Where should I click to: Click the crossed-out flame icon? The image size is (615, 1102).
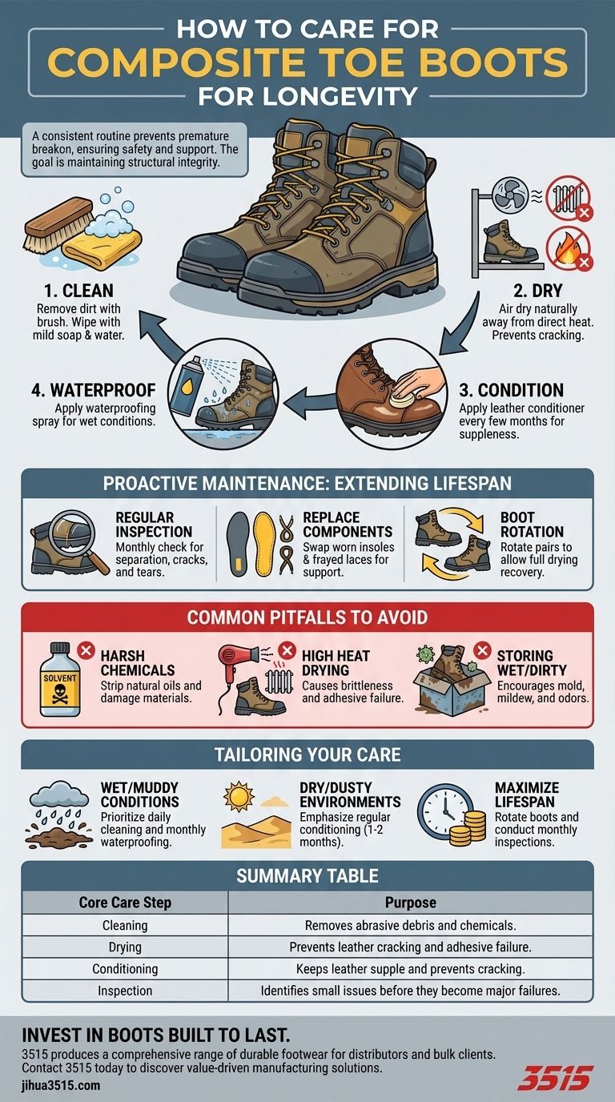point(569,248)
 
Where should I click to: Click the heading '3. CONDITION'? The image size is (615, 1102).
point(511,390)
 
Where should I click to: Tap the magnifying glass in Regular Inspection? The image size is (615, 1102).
point(78,537)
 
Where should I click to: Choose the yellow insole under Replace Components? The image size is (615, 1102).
point(266,543)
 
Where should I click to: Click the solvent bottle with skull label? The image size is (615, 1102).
point(59,679)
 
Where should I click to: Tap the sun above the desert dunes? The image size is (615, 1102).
point(239,796)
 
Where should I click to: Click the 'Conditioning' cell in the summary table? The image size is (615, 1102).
point(125,969)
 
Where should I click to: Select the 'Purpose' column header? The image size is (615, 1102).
point(410,903)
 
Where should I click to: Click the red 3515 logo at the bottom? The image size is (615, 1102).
point(555,1078)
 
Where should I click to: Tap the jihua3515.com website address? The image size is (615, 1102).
point(61,1085)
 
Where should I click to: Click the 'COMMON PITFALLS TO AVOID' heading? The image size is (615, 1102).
point(307,617)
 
